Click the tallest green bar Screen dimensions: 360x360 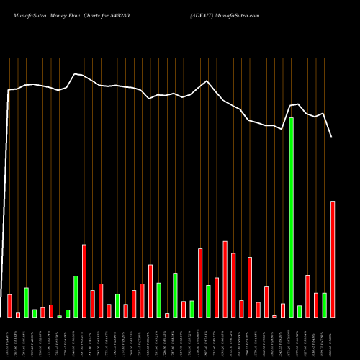click(x=291, y=217)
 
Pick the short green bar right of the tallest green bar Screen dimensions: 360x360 click(x=300, y=312)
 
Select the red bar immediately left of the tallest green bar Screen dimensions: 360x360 click(x=283, y=310)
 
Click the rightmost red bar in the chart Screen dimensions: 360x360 click(x=333, y=259)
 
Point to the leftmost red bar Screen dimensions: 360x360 click(x=9, y=306)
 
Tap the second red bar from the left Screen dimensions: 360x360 click(x=18, y=315)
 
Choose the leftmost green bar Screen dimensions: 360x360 click(x=26, y=302)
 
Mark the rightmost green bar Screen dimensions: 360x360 click(x=324, y=305)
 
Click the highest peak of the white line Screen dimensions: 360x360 click(x=74, y=73)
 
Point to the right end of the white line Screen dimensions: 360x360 click(x=332, y=137)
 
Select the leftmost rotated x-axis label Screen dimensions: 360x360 click(x=9, y=338)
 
